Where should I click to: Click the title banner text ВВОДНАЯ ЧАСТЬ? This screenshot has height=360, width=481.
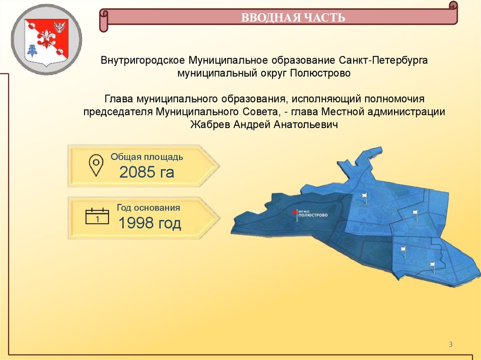(293, 18)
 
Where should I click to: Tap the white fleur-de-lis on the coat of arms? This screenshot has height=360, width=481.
(47, 37)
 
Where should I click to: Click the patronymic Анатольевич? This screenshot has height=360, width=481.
(309, 124)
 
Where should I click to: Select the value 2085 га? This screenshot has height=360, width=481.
(147, 173)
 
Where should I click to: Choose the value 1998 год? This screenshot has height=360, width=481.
(149, 223)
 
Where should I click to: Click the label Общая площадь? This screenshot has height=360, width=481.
(147, 157)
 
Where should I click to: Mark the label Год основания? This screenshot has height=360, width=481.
(148, 207)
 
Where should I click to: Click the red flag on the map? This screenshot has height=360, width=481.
(295, 213)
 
